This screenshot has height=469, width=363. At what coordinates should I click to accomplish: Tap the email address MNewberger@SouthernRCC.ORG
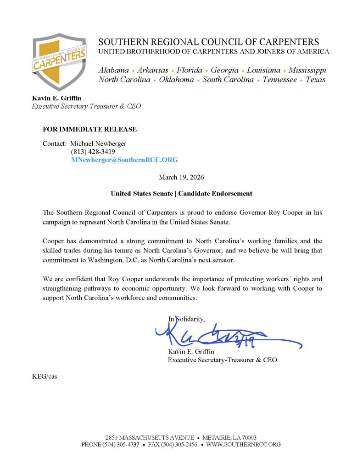pyautogui.click(x=124, y=160)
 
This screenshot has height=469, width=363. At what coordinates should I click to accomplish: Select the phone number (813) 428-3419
pyautogui.click(x=93, y=152)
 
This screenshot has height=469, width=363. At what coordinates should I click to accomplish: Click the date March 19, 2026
pyautogui.click(x=181, y=177)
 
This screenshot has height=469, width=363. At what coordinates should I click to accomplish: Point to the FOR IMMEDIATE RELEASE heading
pyautogui.click(x=89, y=130)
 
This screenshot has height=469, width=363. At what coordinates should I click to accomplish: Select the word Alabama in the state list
pyautogui.click(x=114, y=70)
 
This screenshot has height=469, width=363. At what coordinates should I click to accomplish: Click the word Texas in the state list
pyautogui.click(x=315, y=79)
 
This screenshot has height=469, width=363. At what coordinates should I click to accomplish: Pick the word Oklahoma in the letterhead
pyautogui.click(x=176, y=79)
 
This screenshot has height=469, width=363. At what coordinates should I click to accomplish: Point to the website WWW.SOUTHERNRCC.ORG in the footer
pyautogui.click(x=243, y=444)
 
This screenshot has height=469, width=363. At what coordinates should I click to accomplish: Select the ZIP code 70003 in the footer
pyautogui.click(x=247, y=437)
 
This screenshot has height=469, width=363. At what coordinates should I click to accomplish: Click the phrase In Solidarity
pyautogui.click(x=187, y=319)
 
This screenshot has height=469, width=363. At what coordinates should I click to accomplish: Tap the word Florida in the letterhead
pyautogui.click(x=188, y=70)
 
